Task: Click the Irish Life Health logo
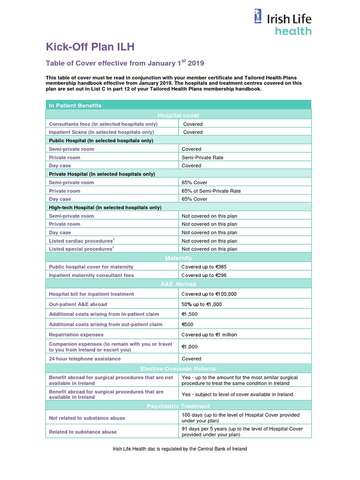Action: pos(282,23)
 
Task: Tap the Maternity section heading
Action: pos(178,258)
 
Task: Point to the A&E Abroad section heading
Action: pos(178,284)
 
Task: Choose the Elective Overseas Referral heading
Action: pos(178,368)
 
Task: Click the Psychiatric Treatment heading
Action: pos(178,406)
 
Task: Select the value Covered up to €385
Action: pos(204,267)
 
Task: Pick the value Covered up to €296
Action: pos(204,275)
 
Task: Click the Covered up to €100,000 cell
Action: pos(209,294)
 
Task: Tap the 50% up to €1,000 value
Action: pos(202,304)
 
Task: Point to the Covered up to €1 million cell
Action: pos(209,335)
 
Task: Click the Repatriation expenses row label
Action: pos(76,335)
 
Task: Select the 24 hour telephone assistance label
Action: pos(85,359)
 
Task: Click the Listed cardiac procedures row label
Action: pos(82,241)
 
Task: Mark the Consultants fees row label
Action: pos(103,124)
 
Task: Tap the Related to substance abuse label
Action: pos(83,432)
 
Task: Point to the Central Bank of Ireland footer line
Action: pos(180,449)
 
